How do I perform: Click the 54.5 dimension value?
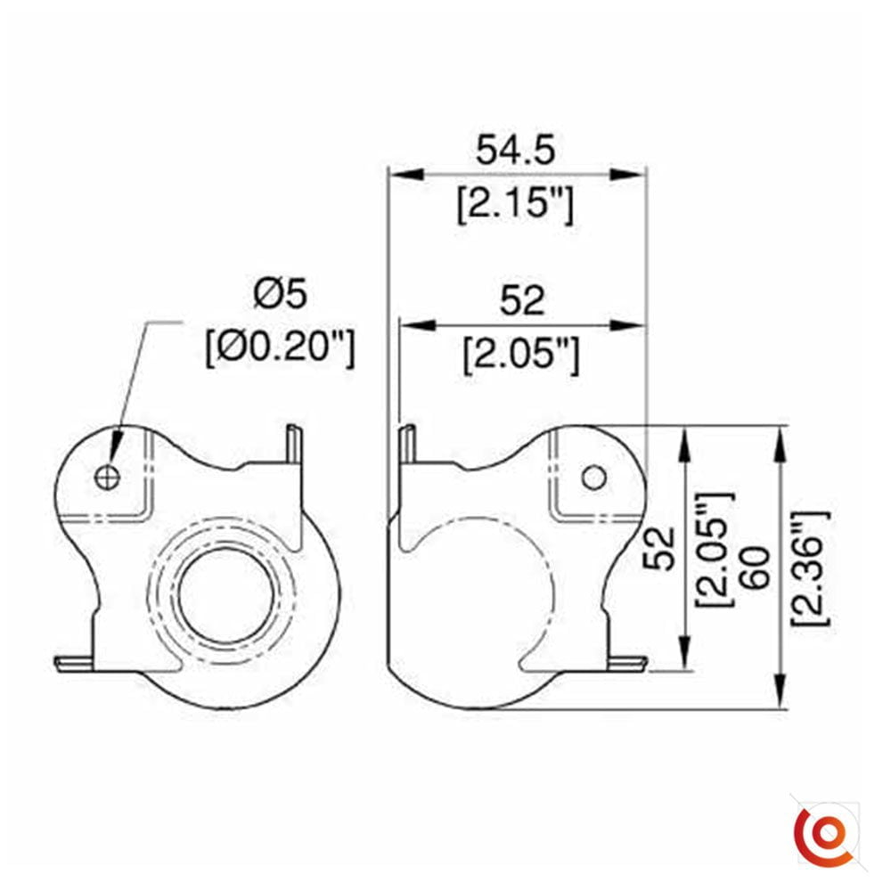(515, 151)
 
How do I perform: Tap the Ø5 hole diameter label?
(280, 294)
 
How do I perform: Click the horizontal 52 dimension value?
(521, 301)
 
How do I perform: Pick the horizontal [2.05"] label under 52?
(521, 356)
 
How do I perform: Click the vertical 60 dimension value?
(755, 568)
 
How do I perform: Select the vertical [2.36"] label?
(812, 568)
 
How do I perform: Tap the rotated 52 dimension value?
(659, 548)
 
